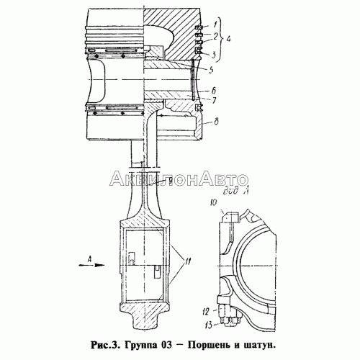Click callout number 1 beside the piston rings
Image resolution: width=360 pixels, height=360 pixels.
click(215, 24)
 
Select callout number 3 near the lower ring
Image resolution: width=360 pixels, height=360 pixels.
click(214, 55)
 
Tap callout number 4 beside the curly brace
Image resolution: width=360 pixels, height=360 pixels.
click(228, 39)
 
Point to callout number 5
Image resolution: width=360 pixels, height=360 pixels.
click(211, 70)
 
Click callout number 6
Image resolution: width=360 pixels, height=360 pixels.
click(214, 91)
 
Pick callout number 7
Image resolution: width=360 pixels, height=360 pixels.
click(214, 100)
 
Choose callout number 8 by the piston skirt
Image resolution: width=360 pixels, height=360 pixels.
click(216, 122)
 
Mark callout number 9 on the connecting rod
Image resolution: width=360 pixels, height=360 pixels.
click(170, 181)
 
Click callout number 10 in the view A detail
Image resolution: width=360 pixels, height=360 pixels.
click(213, 202)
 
